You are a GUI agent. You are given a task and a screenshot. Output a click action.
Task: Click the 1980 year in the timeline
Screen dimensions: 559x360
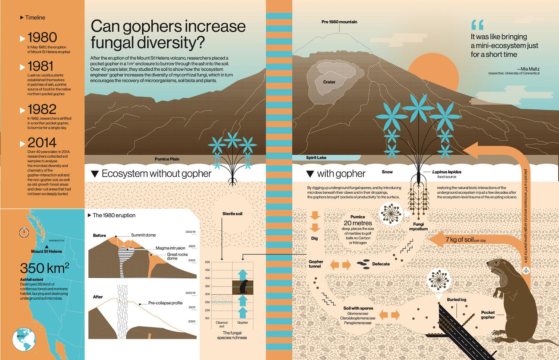coord(42,37)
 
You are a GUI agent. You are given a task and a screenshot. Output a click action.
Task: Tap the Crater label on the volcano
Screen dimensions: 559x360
coord(329,82)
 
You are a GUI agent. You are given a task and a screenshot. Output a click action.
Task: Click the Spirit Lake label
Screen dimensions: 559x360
coord(316,158)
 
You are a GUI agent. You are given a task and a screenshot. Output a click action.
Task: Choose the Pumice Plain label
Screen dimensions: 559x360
coord(167,159)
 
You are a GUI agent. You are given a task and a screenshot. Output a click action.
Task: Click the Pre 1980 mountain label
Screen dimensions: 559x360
coord(339,22)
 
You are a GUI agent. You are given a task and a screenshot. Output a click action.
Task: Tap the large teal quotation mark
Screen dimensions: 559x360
coord(477,24)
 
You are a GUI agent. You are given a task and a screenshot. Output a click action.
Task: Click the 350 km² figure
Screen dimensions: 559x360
coord(44,268)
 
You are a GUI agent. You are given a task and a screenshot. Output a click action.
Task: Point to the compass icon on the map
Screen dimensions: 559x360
coord(24,232)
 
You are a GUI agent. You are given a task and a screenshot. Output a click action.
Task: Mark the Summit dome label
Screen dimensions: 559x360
coord(143,235)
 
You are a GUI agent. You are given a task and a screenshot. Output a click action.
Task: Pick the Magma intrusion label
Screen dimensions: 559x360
coord(170,248)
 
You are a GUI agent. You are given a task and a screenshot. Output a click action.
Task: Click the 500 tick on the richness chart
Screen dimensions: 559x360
coord(207,262)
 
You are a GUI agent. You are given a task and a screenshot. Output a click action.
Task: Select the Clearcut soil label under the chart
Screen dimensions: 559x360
coord(221,324)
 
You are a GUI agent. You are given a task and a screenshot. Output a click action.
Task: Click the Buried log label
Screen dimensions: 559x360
coord(456,300)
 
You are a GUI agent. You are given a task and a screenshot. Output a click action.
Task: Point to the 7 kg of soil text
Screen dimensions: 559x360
coord(459,240)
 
